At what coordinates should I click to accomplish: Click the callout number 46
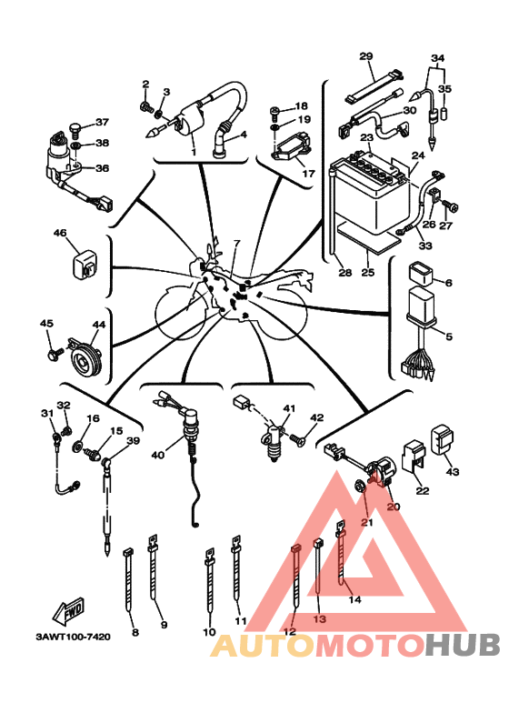tap(60, 234)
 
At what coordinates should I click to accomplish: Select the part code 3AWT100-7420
tap(73, 637)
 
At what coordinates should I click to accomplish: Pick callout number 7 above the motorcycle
tap(236, 244)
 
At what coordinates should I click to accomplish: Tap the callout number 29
tap(366, 55)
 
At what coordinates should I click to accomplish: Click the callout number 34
tap(438, 58)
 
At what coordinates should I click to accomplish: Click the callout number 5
tap(447, 336)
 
